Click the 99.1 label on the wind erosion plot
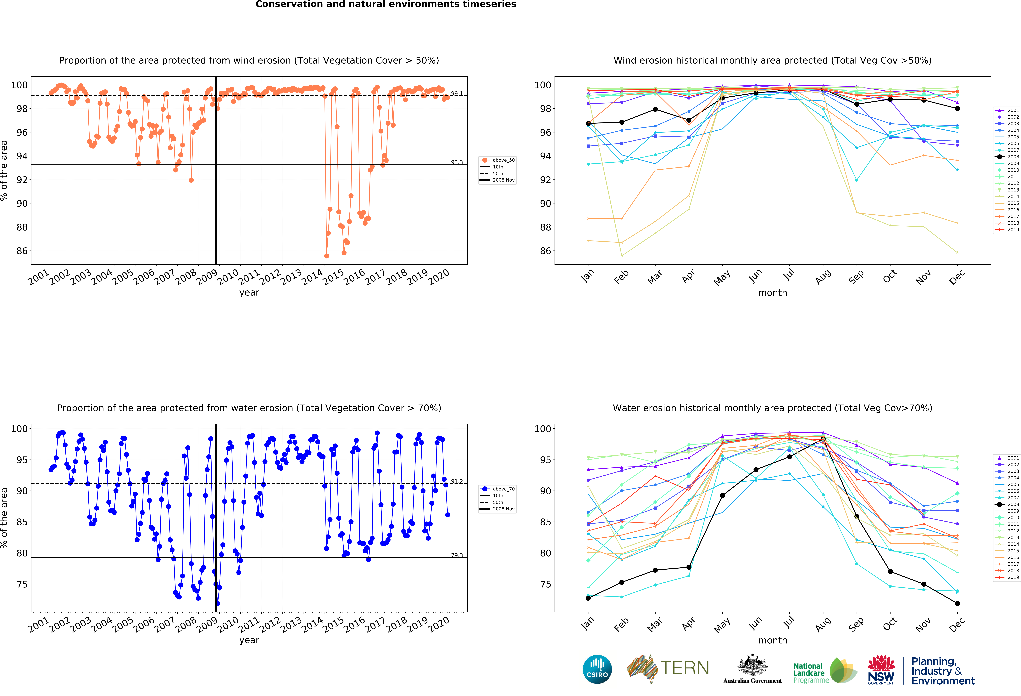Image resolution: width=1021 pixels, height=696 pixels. (456, 94)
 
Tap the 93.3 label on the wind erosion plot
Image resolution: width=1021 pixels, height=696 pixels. (456, 162)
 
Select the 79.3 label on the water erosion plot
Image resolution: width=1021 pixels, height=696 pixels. (456, 555)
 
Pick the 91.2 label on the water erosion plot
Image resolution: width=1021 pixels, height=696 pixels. (456, 482)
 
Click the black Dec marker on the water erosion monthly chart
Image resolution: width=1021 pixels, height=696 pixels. (957, 603)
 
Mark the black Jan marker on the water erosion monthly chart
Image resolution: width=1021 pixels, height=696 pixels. (588, 598)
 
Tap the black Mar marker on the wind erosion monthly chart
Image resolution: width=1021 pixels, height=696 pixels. (655, 109)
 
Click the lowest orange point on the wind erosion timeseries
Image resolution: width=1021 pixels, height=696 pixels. (326, 256)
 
